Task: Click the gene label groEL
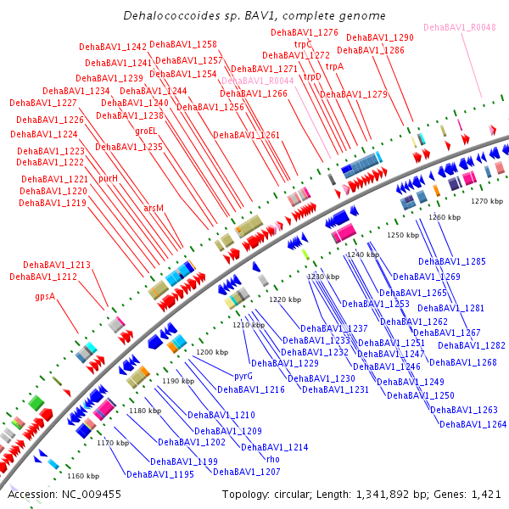click(x=146, y=131)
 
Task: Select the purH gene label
click(x=108, y=178)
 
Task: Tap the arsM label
click(x=154, y=208)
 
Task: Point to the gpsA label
click(x=45, y=296)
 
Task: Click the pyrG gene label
click(x=243, y=376)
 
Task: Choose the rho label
click(x=273, y=459)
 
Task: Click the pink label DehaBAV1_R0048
click(x=460, y=27)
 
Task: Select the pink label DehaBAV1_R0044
click(x=258, y=81)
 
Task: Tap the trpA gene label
click(x=334, y=66)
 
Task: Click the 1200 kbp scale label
click(x=212, y=352)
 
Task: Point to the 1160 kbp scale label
click(x=83, y=476)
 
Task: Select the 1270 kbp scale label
click(x=487, y=201)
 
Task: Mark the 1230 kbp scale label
click(x=323, y=277)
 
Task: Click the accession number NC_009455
click(x=92, y=495)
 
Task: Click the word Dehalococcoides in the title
click(x=167, y=15)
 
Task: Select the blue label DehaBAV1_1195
click(x=160, y=474)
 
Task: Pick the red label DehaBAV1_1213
click(x=57, y=265)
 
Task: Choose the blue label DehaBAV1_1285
click(x=452, y=261)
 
